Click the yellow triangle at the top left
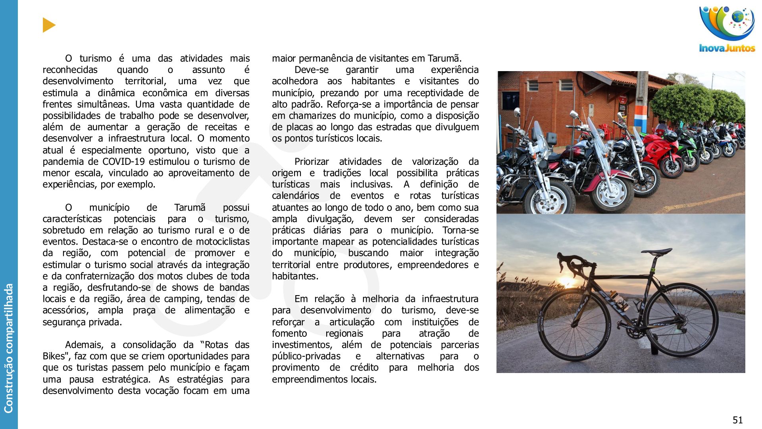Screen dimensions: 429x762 click(x=48, y=25)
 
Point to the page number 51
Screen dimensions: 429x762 click(x=737, y=420)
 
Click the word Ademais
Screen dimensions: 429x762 click(x=85, y=345)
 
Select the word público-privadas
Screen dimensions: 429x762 click(x=306, y=356)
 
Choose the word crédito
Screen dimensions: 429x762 click(x=364, y=367)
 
